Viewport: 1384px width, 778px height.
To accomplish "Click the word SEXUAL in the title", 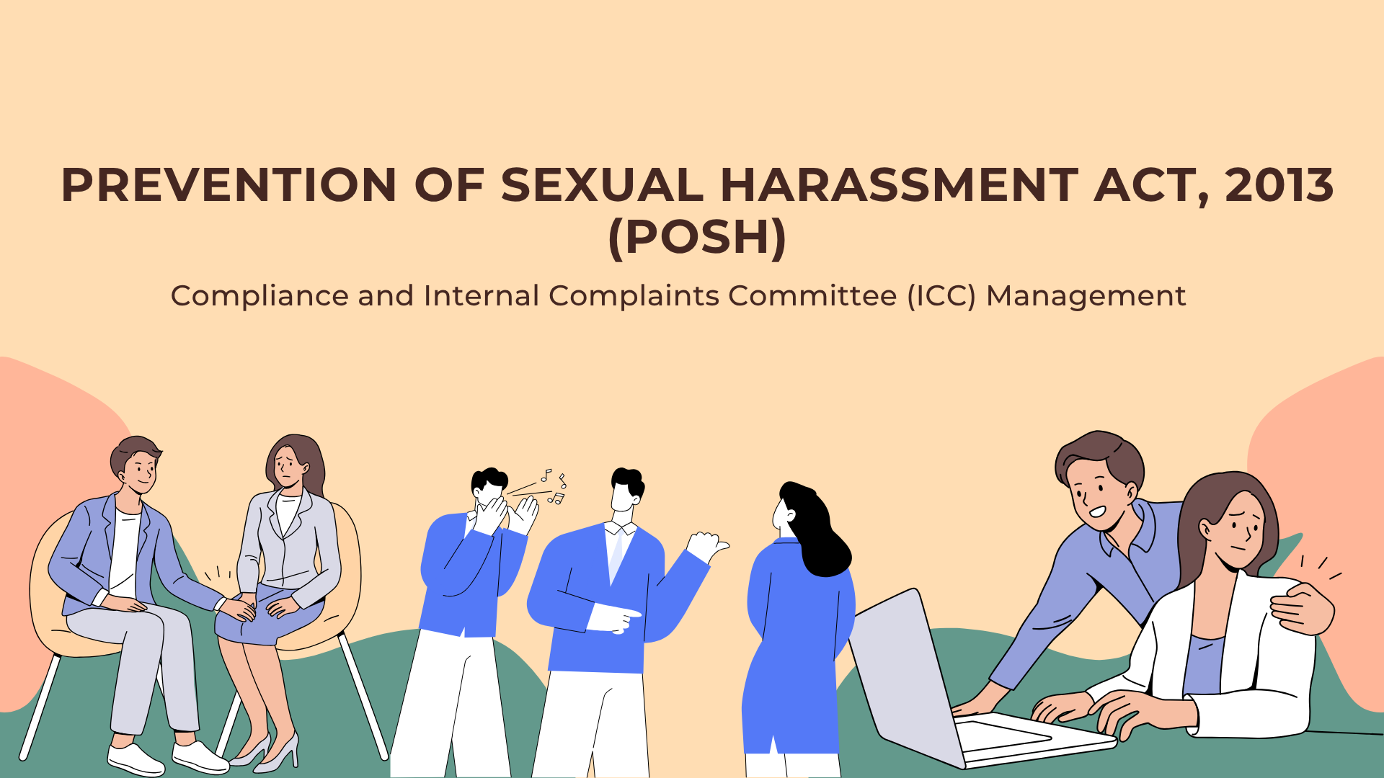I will click(x=601, y=185).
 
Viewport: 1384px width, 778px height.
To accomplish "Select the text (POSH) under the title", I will click(x=697, y=237).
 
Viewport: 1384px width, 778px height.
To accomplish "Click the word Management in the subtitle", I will click(x=1086, y=296).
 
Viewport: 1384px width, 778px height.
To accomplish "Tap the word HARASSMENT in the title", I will click(x=899, y=185).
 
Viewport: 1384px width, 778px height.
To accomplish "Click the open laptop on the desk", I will click(x=937, y=684).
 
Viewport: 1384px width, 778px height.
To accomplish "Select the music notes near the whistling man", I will click(x=555, y=487).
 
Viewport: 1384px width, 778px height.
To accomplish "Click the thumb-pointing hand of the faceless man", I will click(x=706, y=546).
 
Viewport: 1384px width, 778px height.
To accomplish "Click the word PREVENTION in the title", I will click(x=229, y=185).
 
